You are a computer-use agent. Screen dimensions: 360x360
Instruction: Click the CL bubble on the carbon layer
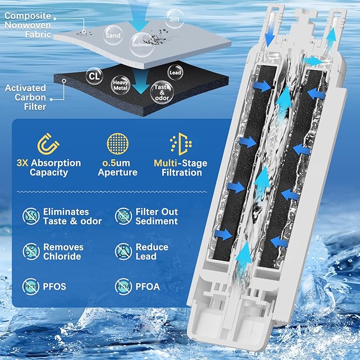[x=94, y=76]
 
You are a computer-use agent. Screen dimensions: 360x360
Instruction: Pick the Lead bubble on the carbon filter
[x=174, y=72]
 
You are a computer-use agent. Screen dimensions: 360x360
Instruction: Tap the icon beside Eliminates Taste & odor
[x=31, y=216]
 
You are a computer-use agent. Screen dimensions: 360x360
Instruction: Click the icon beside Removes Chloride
[x=31, y=251]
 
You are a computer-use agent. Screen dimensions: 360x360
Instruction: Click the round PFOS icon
[x=31, y=287]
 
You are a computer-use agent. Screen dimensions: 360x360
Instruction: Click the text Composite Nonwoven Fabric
[x=28, y=25]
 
